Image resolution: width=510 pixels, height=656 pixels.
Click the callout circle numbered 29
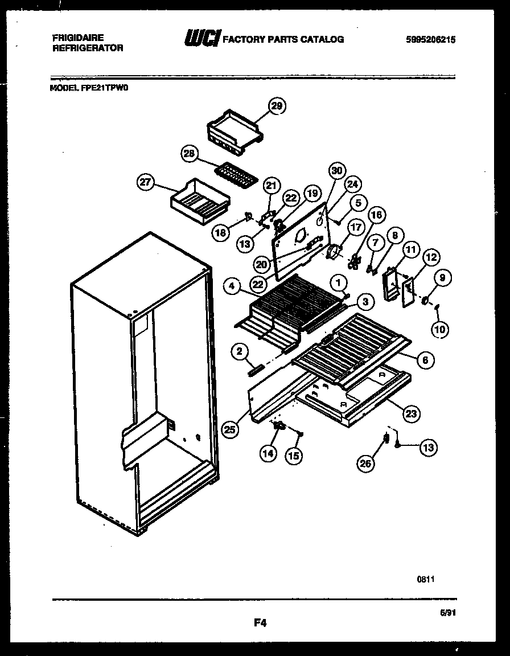[277, 106]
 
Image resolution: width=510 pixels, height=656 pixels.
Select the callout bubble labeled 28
[190, 153]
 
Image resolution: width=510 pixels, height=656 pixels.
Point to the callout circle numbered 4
[231, 287]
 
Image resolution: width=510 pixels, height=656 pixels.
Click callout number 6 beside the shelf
[425, 360]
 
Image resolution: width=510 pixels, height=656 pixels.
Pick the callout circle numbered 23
[411, 415]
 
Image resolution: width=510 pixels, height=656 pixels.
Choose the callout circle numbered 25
[229, 430]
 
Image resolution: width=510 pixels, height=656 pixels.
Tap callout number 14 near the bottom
[268, 454]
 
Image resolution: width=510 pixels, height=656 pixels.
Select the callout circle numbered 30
[337, 170]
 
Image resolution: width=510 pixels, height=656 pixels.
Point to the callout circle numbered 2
[240, 352]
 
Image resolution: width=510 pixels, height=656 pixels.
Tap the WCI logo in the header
[200, 39]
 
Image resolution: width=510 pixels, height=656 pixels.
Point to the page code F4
[260, 623]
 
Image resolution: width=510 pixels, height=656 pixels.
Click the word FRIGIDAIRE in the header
[79, 38]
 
